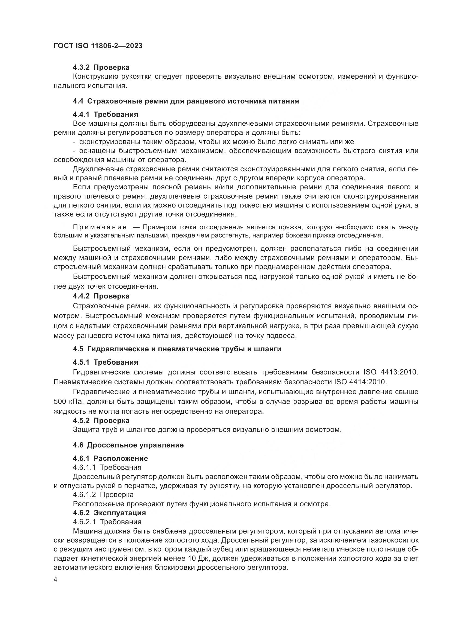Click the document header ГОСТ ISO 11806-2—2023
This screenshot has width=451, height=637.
(x=98, y=46)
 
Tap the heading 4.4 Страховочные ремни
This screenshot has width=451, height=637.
(x=186, y=101)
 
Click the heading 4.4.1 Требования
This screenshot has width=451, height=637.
(x=105, y=114)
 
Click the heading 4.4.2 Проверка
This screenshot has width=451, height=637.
(x=101, y=296)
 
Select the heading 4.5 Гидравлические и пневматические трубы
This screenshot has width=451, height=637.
(x=177, y=349)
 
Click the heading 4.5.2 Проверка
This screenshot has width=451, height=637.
(x=101, y=420)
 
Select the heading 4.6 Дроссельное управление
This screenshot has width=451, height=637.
(x=128, y=445)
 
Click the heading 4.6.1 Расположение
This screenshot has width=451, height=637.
(x=110, y=458)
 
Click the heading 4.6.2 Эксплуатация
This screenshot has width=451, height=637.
(x=109, y=513)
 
